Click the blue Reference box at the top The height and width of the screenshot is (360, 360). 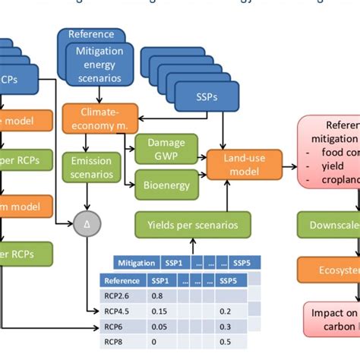pyautogui.click(x=90, y=34)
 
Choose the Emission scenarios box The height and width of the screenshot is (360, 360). pyautogui.click(x=91, y=167)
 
